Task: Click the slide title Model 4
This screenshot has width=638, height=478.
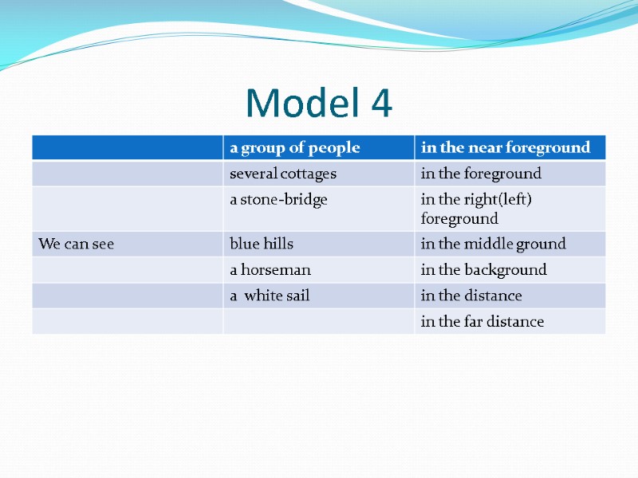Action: [x=319, y=103]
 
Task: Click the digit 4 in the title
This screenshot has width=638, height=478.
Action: [x=380, y=103]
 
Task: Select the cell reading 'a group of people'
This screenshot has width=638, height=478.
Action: [x=294, y=147]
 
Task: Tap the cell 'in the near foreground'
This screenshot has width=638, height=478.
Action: [x=506, y=147]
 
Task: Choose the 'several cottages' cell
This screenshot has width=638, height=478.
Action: [x=283, y=174]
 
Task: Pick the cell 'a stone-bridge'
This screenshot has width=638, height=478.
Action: [x=278, y=200]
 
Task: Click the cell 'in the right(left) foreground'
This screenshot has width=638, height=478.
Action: [x=475, y=209]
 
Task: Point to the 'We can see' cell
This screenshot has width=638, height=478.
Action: [x=76, y=244]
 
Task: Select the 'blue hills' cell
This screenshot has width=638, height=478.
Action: [x=262, y=244]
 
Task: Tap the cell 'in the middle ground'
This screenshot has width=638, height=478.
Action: [x=493, y=244]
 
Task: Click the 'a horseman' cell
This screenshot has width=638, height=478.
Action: [x=270, y=270]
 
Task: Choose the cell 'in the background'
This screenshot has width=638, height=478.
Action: [x=483, y=270]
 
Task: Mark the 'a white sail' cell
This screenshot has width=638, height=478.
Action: [x=270, y=296]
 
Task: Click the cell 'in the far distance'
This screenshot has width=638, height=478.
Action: [x=482, y=322]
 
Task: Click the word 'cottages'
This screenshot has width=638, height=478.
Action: [x=306, y=174]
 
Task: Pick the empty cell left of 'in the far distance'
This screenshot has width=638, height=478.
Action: [x=318, y=322]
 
